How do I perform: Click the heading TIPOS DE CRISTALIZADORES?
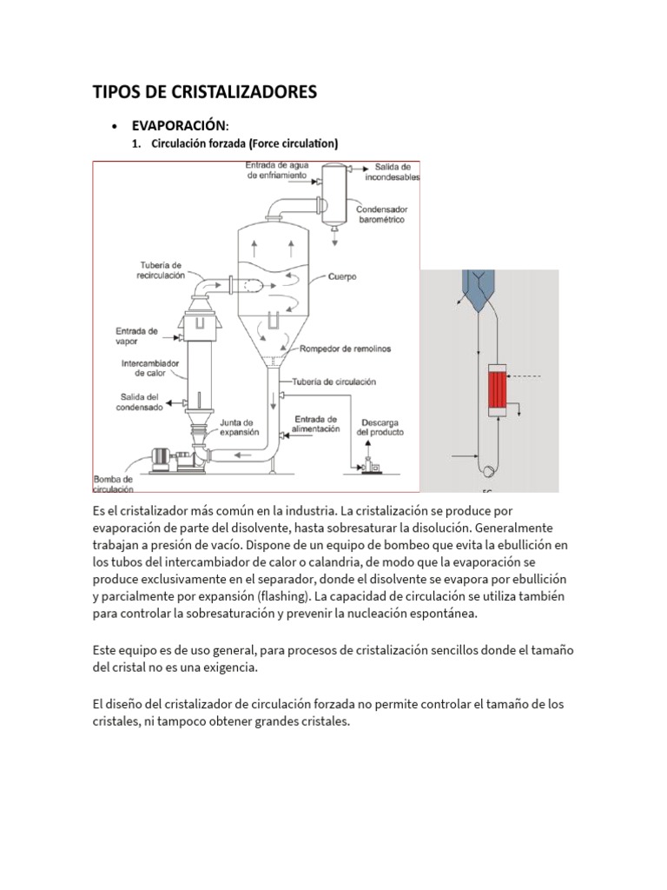pos(205,91)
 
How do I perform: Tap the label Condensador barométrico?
pos(383,215)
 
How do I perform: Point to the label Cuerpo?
pos(342,277)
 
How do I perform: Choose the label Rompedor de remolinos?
pos(345,349)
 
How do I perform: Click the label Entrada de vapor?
pos(136,336)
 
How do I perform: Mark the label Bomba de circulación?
pos(113,483)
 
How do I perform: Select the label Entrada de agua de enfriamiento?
pos(275,169)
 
